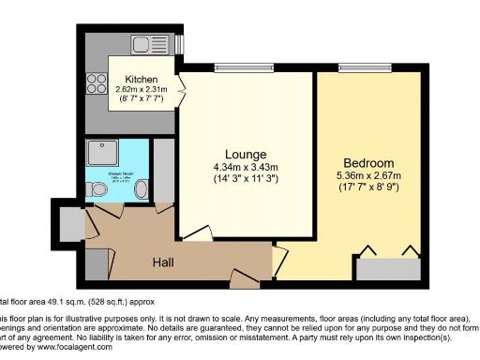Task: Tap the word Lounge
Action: [x=246, y=154]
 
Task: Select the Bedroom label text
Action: [x=368, y=161]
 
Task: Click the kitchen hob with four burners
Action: [x=97, y=83]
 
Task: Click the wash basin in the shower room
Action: [x=141, y=189]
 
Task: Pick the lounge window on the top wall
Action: [x=232, y=67]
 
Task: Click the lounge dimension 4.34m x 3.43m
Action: [x=246, y=167]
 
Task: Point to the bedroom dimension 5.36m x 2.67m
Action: [x=368, y=174]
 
